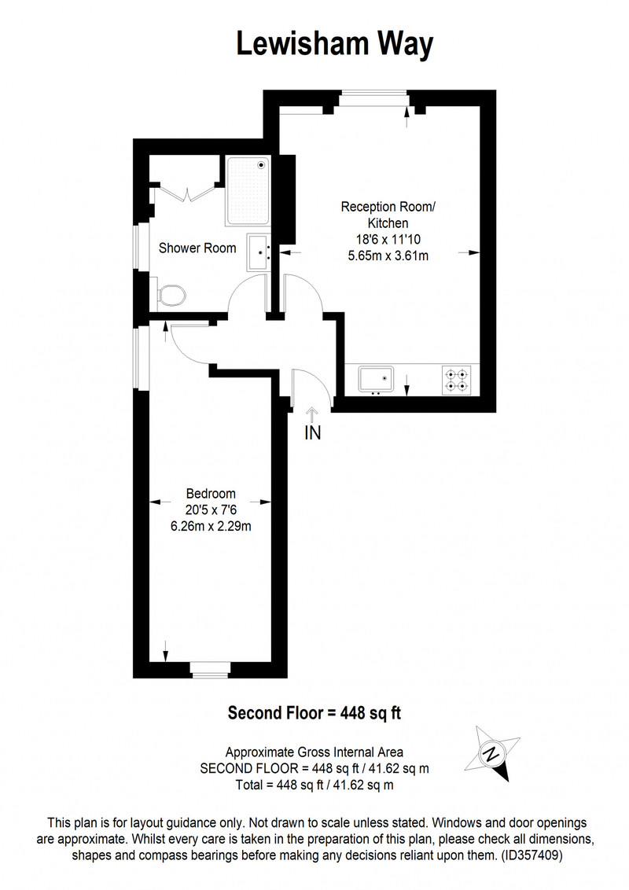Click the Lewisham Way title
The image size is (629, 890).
(x=334, y=44)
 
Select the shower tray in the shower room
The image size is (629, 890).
(x=248, y=191)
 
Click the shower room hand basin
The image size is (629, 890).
(x=259, y=253)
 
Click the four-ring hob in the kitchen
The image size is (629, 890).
(x=457, y=381)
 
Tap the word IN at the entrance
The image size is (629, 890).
(x=313, y=433)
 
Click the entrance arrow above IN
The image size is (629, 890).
(x=311, y=414)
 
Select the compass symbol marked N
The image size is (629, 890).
(x=492, y=753)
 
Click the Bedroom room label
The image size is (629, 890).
(x=211, y=493)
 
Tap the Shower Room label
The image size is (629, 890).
(x=197, y=248)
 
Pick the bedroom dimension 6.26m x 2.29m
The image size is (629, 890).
(x=211, y=526)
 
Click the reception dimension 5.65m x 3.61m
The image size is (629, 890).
(x=388, y=256)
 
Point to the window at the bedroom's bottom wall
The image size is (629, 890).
(x=210, y=670)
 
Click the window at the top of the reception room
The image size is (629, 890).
(x=373, y=98)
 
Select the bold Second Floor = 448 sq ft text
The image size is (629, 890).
(x=314, y=712)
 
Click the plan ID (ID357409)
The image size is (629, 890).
(x=532, y=855)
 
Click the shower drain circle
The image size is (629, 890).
(x=261, y=164)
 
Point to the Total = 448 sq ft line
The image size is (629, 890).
(x=314, y=785)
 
